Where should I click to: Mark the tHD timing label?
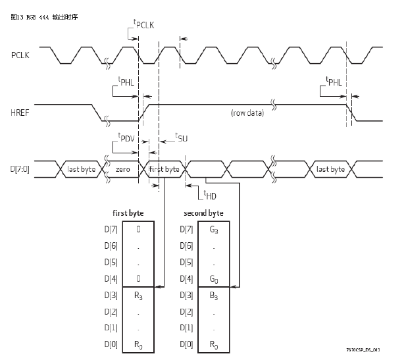click(x=210, y=194)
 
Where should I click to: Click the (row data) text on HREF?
click(x=247, y=113)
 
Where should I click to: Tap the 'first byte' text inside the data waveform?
click(x=164, y=169)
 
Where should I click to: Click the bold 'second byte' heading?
click(x=203, y=213)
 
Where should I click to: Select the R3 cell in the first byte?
click(x=138, y=297)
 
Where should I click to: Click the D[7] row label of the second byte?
click(x=186, y=229)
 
